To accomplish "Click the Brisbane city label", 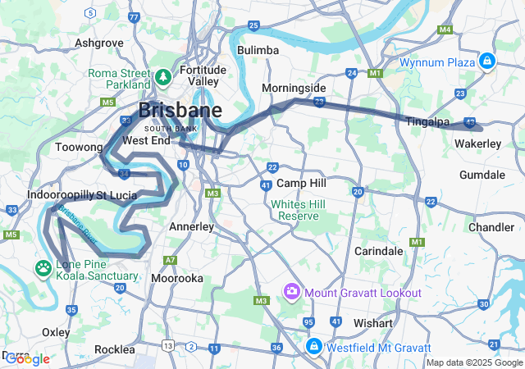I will pos(180,111).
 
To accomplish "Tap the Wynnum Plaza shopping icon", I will pos(488,61).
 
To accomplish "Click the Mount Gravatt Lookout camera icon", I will pos(291,292).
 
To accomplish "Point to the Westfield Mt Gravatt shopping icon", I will pos(313,347).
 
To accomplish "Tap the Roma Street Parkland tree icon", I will pos(162,77).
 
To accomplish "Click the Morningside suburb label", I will pos(294,88).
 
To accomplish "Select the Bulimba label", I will pos(258,51).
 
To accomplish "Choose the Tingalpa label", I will pos(428,122).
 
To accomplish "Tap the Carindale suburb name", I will pos(378,251).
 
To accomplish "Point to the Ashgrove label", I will pos(98,43).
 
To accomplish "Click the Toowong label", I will pos(79,148).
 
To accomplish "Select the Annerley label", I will pos(191,225).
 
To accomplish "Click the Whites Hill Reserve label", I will pos(299,210).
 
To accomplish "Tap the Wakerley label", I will pos(477,144).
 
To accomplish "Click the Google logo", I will pos(26,358).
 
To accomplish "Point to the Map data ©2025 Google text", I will pos(473,362).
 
